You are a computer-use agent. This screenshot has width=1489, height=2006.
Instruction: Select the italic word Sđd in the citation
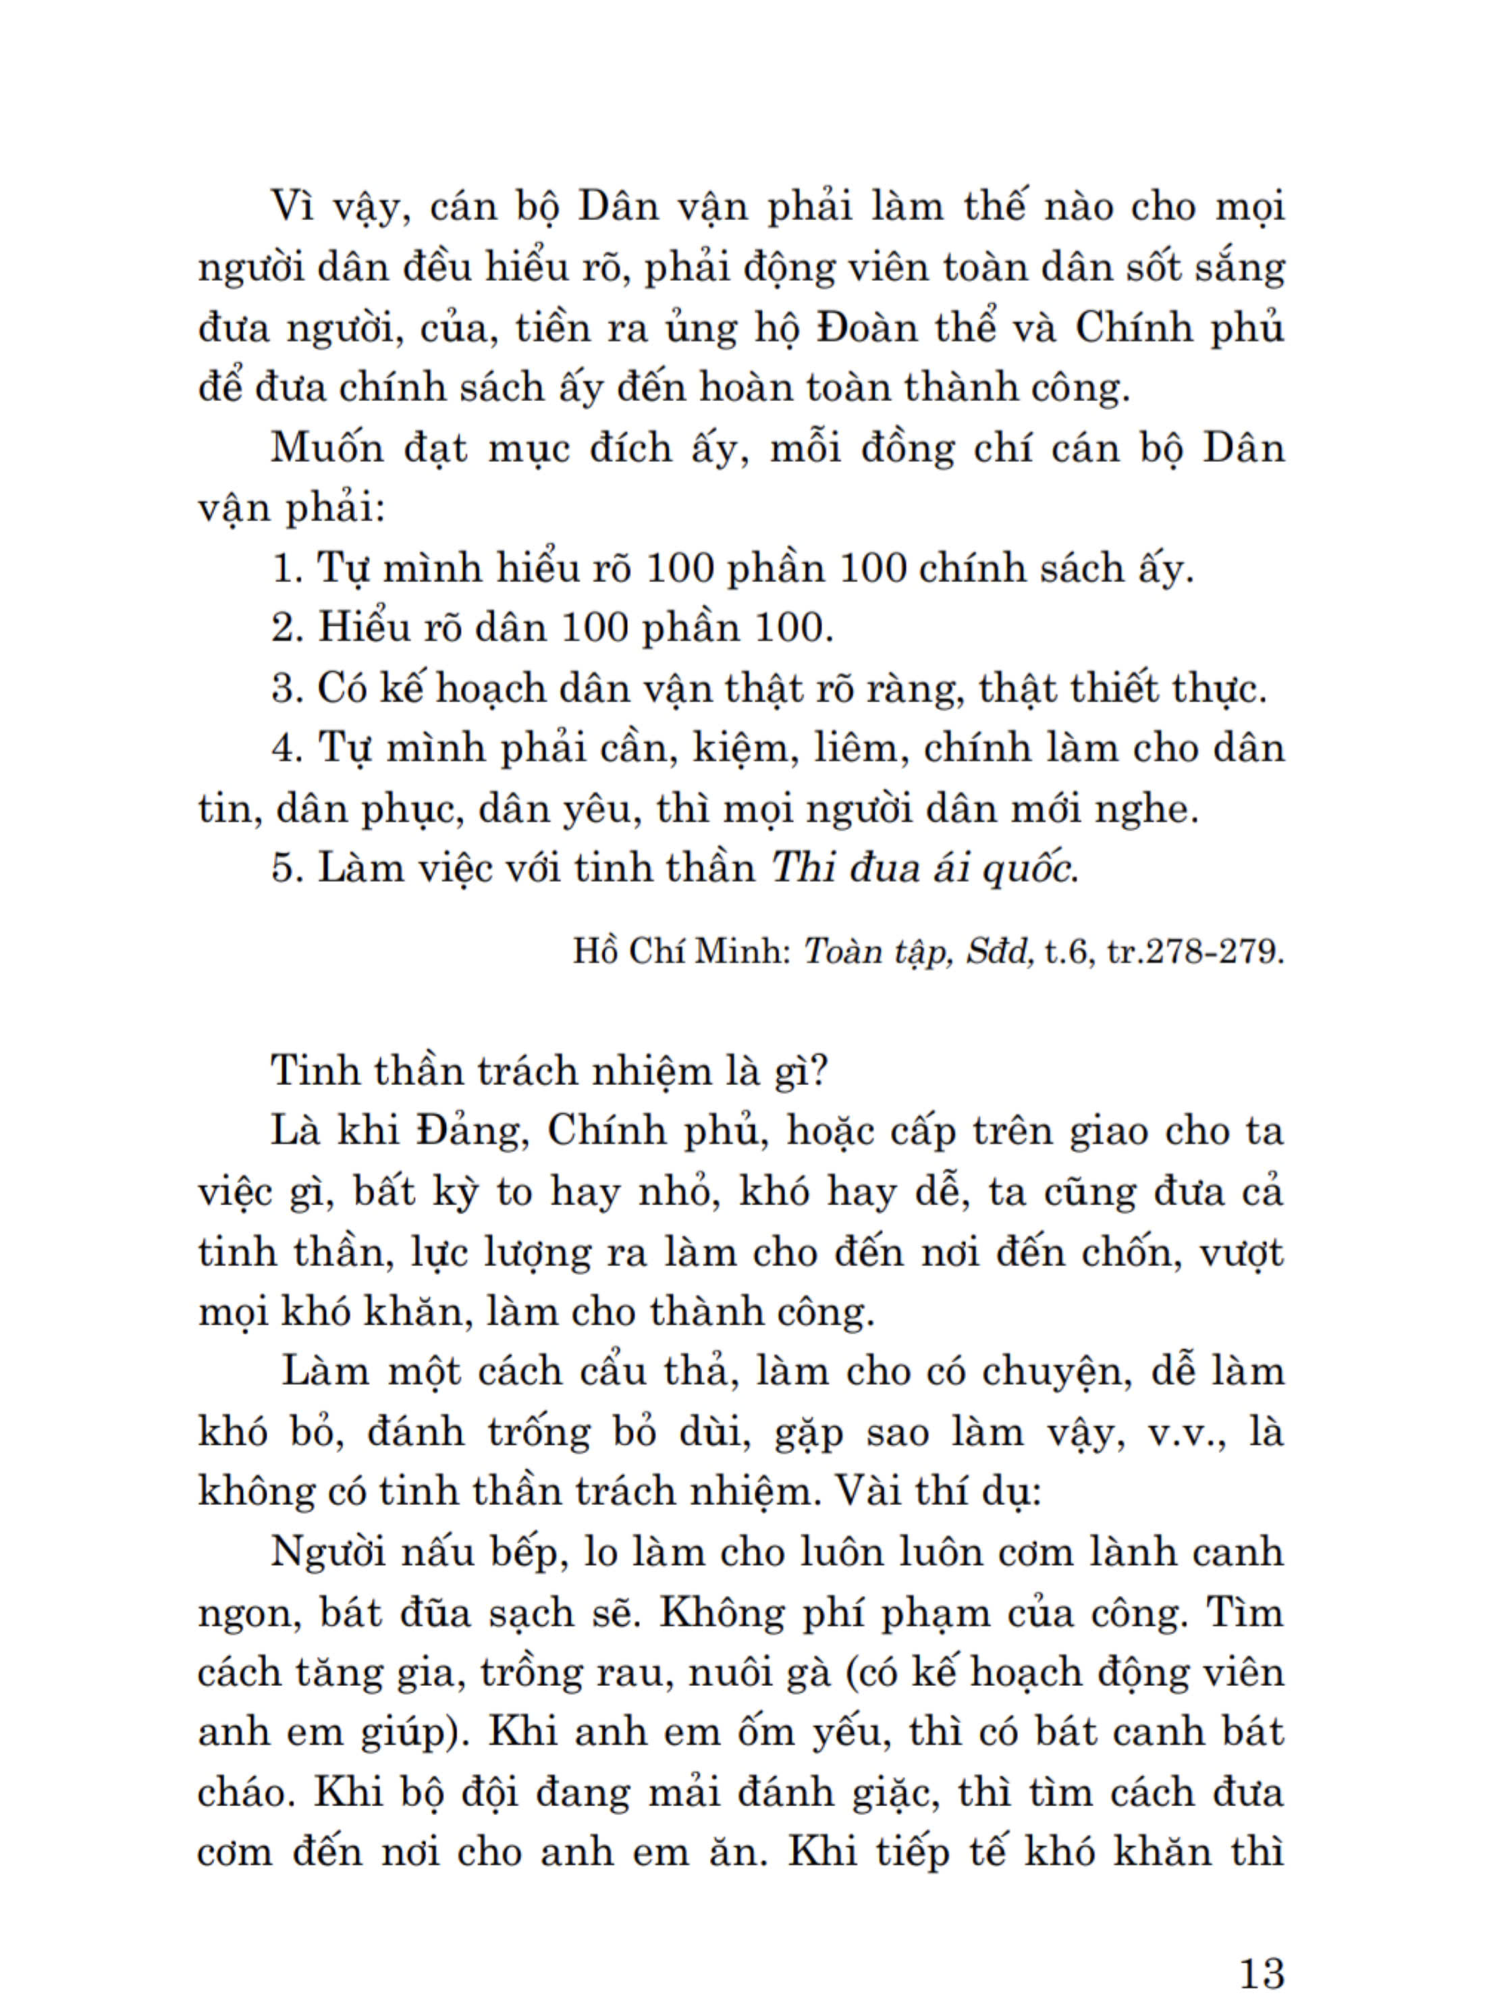pos(1000,952)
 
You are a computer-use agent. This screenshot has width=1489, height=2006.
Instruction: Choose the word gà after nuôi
pos(804,1673)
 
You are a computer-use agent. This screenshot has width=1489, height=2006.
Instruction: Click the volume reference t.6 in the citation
pos(1066,952)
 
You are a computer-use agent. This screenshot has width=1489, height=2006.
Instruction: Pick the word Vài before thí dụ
pos(869,1492)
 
